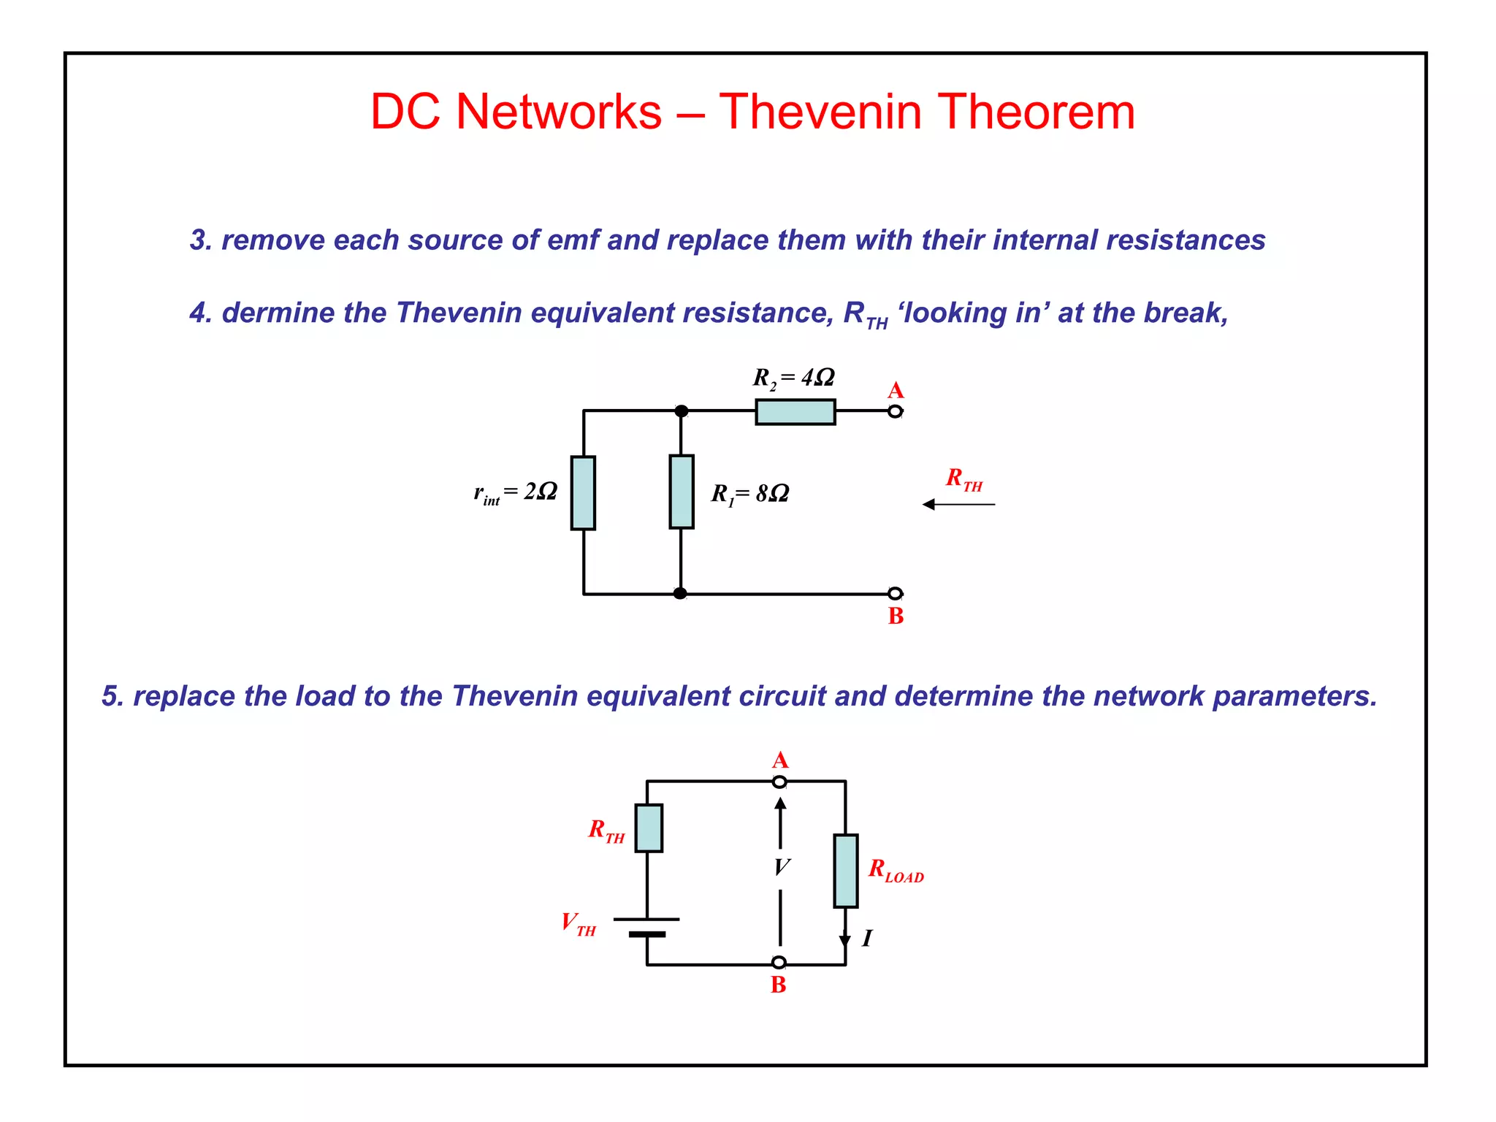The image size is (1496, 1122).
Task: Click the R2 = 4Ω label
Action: point(793,378)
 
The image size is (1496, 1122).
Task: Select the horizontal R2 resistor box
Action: point(795,412)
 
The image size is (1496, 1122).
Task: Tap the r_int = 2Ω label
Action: point(516,492)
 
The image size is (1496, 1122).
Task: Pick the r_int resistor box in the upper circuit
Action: point(583,492)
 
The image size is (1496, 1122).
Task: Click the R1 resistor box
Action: point(681,492)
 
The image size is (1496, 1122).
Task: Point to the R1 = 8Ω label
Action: point(750,495)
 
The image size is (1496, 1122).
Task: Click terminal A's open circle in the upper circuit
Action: point(895,411)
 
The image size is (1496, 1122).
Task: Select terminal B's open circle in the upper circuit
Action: point(895,593)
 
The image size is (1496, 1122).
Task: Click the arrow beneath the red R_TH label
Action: point(958,504)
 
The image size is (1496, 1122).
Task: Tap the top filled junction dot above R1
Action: point(681,411)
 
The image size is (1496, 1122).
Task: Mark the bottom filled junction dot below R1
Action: point(680,593)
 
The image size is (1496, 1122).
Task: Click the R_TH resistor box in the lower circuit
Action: point(648,828)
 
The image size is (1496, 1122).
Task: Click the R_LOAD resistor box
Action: point(845,871)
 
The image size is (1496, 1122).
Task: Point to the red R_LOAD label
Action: point(896,871)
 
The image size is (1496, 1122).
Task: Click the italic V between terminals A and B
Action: point(781,867)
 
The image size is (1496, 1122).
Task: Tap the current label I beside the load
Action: point(867,938)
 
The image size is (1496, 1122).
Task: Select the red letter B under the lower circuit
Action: point(778,985)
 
